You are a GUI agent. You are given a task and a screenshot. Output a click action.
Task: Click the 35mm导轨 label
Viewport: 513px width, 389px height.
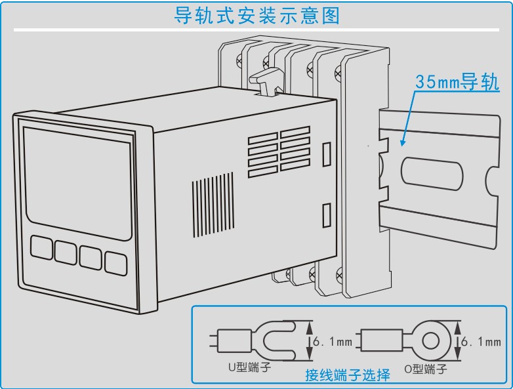click(x=457, y=83)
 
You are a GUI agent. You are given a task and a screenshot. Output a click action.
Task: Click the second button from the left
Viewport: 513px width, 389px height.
click(x=66, y=252)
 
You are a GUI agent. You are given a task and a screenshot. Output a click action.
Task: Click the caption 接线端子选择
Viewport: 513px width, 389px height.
click(x=348, y=375)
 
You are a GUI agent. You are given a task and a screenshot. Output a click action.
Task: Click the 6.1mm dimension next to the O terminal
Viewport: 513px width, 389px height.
click(x=482, y=342)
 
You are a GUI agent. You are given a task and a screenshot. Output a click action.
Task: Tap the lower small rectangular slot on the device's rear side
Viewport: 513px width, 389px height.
click(x=325, y=215)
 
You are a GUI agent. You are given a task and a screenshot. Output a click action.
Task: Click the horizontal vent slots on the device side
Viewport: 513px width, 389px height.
click(x=278, y=150)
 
